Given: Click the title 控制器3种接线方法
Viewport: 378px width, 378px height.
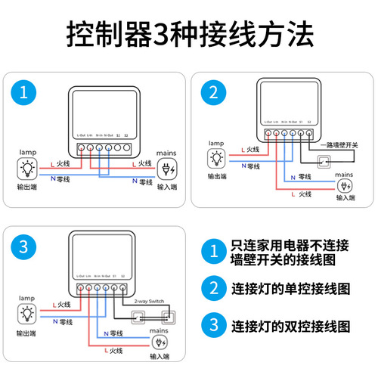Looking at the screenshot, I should [x=189, y=35].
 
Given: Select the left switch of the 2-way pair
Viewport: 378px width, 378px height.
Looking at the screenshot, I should [x=140, y=316].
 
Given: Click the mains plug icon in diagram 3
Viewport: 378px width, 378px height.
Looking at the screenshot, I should [x=160, y=342].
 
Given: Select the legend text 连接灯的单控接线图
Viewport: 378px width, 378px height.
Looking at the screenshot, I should [x=290, y=288].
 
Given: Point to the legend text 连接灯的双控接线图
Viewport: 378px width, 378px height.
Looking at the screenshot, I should [x=290, y=326].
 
